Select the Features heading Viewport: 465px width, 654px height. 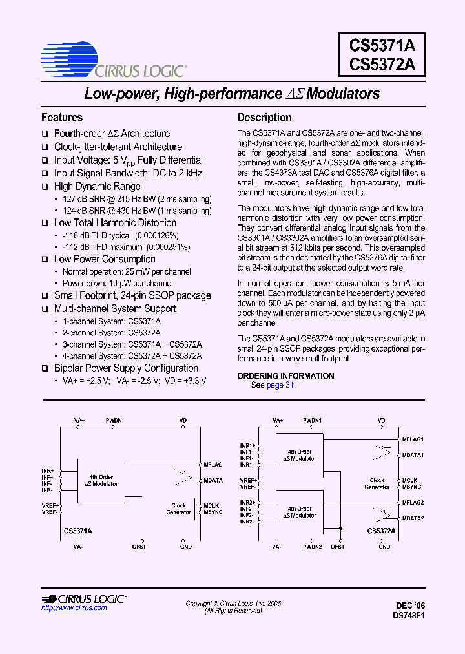point(62,118)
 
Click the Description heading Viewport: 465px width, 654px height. point(264,118)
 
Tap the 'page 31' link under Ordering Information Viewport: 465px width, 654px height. point(280,385)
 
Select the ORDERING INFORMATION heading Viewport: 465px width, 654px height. point(285,376)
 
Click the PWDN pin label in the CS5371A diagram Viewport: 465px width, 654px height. point(114,421)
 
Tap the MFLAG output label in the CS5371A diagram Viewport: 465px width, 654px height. point(212,465)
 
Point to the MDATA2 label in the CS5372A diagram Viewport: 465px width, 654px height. point(413,518)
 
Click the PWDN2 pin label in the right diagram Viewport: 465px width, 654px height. point(313,547)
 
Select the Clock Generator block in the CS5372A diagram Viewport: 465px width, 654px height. point(377,483)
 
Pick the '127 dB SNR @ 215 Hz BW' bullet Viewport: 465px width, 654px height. point(137,199)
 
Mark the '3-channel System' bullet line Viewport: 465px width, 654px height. point(132,344)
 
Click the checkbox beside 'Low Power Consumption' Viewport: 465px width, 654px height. point(45,260)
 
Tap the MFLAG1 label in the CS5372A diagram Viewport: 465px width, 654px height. point(412,439)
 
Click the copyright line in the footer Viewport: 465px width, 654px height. point(233,604)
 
